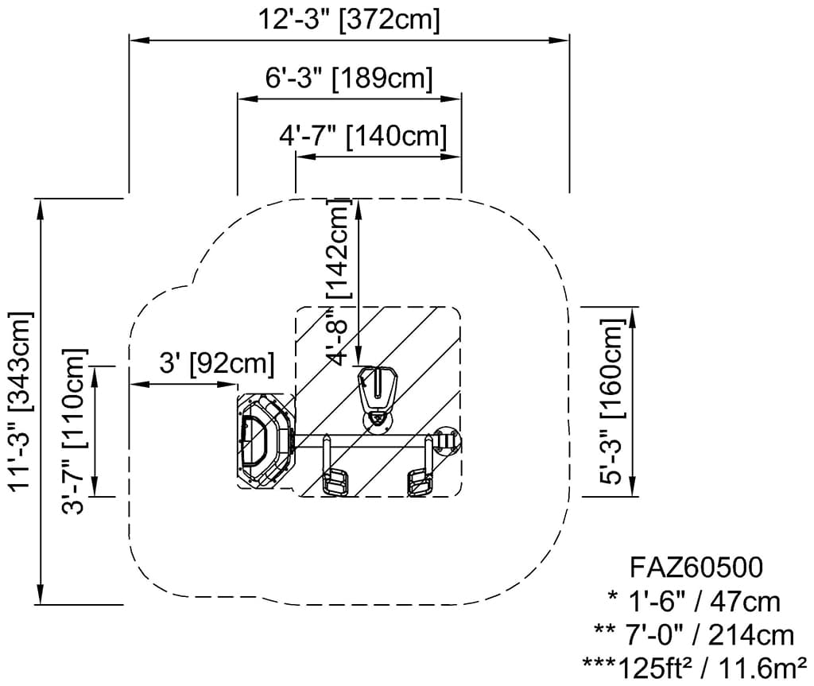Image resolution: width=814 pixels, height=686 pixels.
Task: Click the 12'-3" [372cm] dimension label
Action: pos(349,19)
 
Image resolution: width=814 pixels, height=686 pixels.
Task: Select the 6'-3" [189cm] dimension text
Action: pos(349,79)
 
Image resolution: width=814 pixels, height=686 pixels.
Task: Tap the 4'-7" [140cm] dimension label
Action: pos(362,136)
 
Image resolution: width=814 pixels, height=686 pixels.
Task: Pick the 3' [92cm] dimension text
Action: pos(216,363)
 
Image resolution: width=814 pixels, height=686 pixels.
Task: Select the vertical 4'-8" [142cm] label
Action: pos(339,282)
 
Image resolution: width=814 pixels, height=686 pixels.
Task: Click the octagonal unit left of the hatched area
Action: pos(265,441)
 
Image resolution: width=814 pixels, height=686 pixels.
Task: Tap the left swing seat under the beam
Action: pos(336,483)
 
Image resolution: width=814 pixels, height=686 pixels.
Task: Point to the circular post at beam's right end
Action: pos(447,439)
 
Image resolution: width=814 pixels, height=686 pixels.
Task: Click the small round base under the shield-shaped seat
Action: pos(376,421)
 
